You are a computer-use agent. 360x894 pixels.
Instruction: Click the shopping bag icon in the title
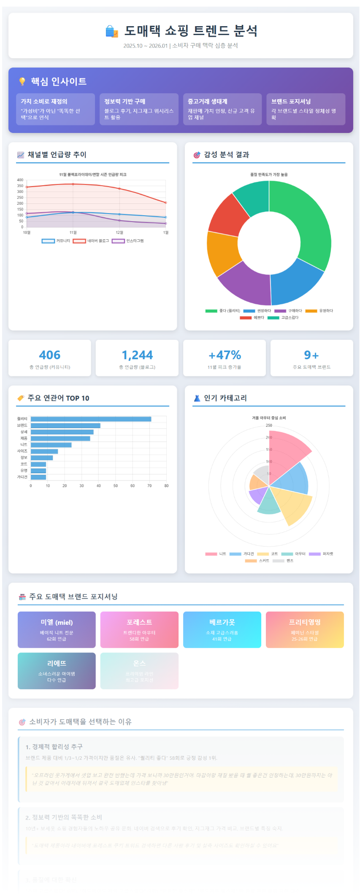click(111, 31)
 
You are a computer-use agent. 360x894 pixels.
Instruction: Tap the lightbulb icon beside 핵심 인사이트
click(22, 81)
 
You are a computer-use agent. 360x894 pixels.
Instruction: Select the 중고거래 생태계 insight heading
click(208, 101)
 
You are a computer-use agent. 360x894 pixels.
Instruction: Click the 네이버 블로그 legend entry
click(91, 241)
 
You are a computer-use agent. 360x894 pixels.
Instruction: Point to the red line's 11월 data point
click(73, 184)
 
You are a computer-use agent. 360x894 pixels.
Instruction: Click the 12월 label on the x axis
click(119, 233)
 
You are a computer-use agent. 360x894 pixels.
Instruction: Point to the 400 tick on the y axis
click(20, 180)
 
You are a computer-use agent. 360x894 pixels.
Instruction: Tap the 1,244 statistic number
click(137, 355)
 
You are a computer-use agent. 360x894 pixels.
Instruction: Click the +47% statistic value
click(225, 355)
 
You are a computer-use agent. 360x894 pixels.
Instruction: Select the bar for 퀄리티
click(91, 419)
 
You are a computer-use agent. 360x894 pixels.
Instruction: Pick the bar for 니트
click(51, 445)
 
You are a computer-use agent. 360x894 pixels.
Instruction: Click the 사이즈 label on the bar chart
click(22, 451)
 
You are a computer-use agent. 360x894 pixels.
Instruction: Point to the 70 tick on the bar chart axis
click(149, 486)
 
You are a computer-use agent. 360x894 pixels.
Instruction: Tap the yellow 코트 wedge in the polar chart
click(292, 504)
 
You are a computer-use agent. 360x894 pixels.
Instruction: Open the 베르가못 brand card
click(222, 629)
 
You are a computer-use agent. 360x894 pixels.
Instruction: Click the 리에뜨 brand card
click(57, 671)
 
